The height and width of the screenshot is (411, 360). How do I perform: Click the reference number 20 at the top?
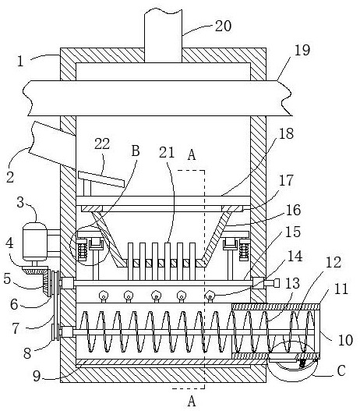[x=223, y=27]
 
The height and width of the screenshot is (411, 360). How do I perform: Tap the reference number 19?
[x=302, y=50]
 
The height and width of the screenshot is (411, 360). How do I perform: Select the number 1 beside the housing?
[x=20, y=62]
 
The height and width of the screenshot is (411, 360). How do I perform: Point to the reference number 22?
[x=102, y=143]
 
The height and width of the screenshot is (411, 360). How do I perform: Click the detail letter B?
[x=136, y=151]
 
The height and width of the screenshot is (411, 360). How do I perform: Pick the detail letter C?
[x=341, y=370]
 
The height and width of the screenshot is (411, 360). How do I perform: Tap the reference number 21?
[x=167, y=152]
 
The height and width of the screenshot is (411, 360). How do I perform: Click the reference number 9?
[x=37, y=377]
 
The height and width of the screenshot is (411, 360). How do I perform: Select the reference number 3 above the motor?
[x=20, y=203]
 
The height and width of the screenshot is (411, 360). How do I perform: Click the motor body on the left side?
[x=35, y=242]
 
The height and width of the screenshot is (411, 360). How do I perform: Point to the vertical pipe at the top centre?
[x=163, y=36]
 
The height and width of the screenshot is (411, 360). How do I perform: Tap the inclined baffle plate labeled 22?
[x=101, y=179]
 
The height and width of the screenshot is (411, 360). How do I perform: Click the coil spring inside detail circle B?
[x=83, y=251]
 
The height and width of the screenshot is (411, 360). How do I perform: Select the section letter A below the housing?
[x=192, y=401]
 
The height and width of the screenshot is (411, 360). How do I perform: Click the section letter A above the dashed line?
[x=192, y=154]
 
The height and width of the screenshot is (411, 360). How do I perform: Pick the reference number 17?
[x=286, y=180]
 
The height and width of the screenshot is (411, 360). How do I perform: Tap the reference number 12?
[x=334, y=262]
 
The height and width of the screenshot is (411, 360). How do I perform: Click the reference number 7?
[x=16, y=328]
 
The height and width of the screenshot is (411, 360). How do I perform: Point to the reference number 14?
[x=295, y=256]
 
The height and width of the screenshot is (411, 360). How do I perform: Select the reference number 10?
[x=346, y=340]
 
